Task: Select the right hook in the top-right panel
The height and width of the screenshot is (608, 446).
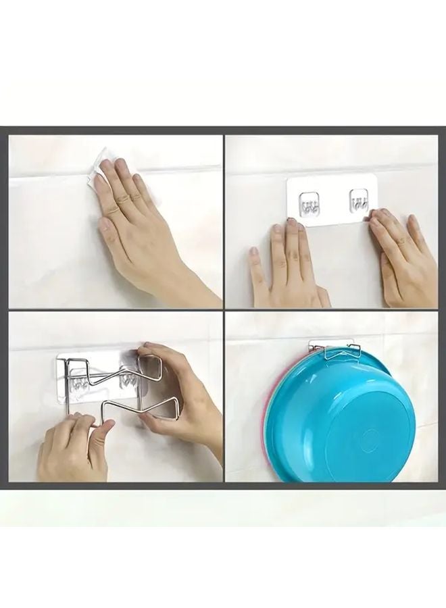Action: [359, 201]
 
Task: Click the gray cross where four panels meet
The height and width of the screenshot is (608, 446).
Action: [223, 309]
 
